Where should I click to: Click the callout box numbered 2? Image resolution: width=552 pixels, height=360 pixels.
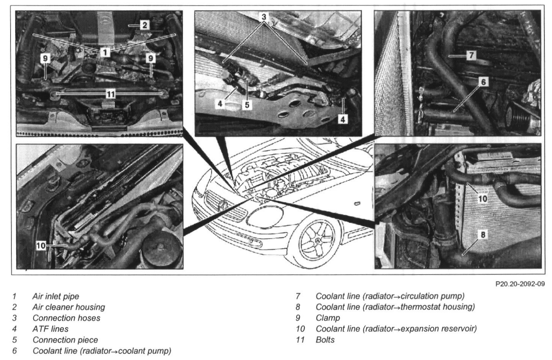[144, 25]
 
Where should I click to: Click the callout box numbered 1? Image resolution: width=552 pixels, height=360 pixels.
[105, 52]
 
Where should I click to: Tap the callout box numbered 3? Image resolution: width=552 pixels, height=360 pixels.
[264, 17]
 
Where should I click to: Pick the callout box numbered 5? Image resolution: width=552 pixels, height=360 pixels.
[247, 104]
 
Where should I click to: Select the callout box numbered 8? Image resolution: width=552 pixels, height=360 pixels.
[483, 234]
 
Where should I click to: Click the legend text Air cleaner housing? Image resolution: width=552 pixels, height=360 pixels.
[68, 307]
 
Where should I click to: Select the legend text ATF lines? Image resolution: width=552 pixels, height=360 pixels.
[50, 329]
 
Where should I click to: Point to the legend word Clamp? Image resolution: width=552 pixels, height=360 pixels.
[328, 318]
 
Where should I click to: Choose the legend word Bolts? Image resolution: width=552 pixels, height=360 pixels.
[325, 340]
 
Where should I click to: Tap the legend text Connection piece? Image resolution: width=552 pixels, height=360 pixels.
[65, 340]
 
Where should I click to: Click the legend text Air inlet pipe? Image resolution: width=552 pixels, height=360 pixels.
[56, 296]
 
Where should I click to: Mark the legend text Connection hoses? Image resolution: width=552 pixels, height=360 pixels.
[66, 318]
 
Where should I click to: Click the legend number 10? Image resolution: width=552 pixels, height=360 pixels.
[300, 329]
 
